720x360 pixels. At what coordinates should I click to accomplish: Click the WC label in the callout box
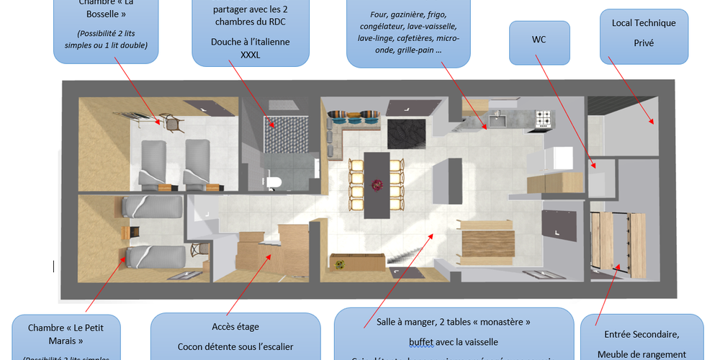pos(539,40)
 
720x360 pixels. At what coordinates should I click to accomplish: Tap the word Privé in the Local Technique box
pos(644,43)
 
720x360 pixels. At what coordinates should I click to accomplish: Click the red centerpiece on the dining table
pos(375,185)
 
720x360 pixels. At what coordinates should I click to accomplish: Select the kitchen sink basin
pos(498,118)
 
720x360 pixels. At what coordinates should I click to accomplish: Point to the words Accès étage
pos(235,327)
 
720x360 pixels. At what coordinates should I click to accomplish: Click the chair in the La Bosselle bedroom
pos(174,123)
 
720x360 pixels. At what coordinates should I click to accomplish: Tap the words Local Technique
pos(644,23)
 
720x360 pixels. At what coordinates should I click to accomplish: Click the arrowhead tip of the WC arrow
pos(595,169)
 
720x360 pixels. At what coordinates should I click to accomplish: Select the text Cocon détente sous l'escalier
pos(235,347)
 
